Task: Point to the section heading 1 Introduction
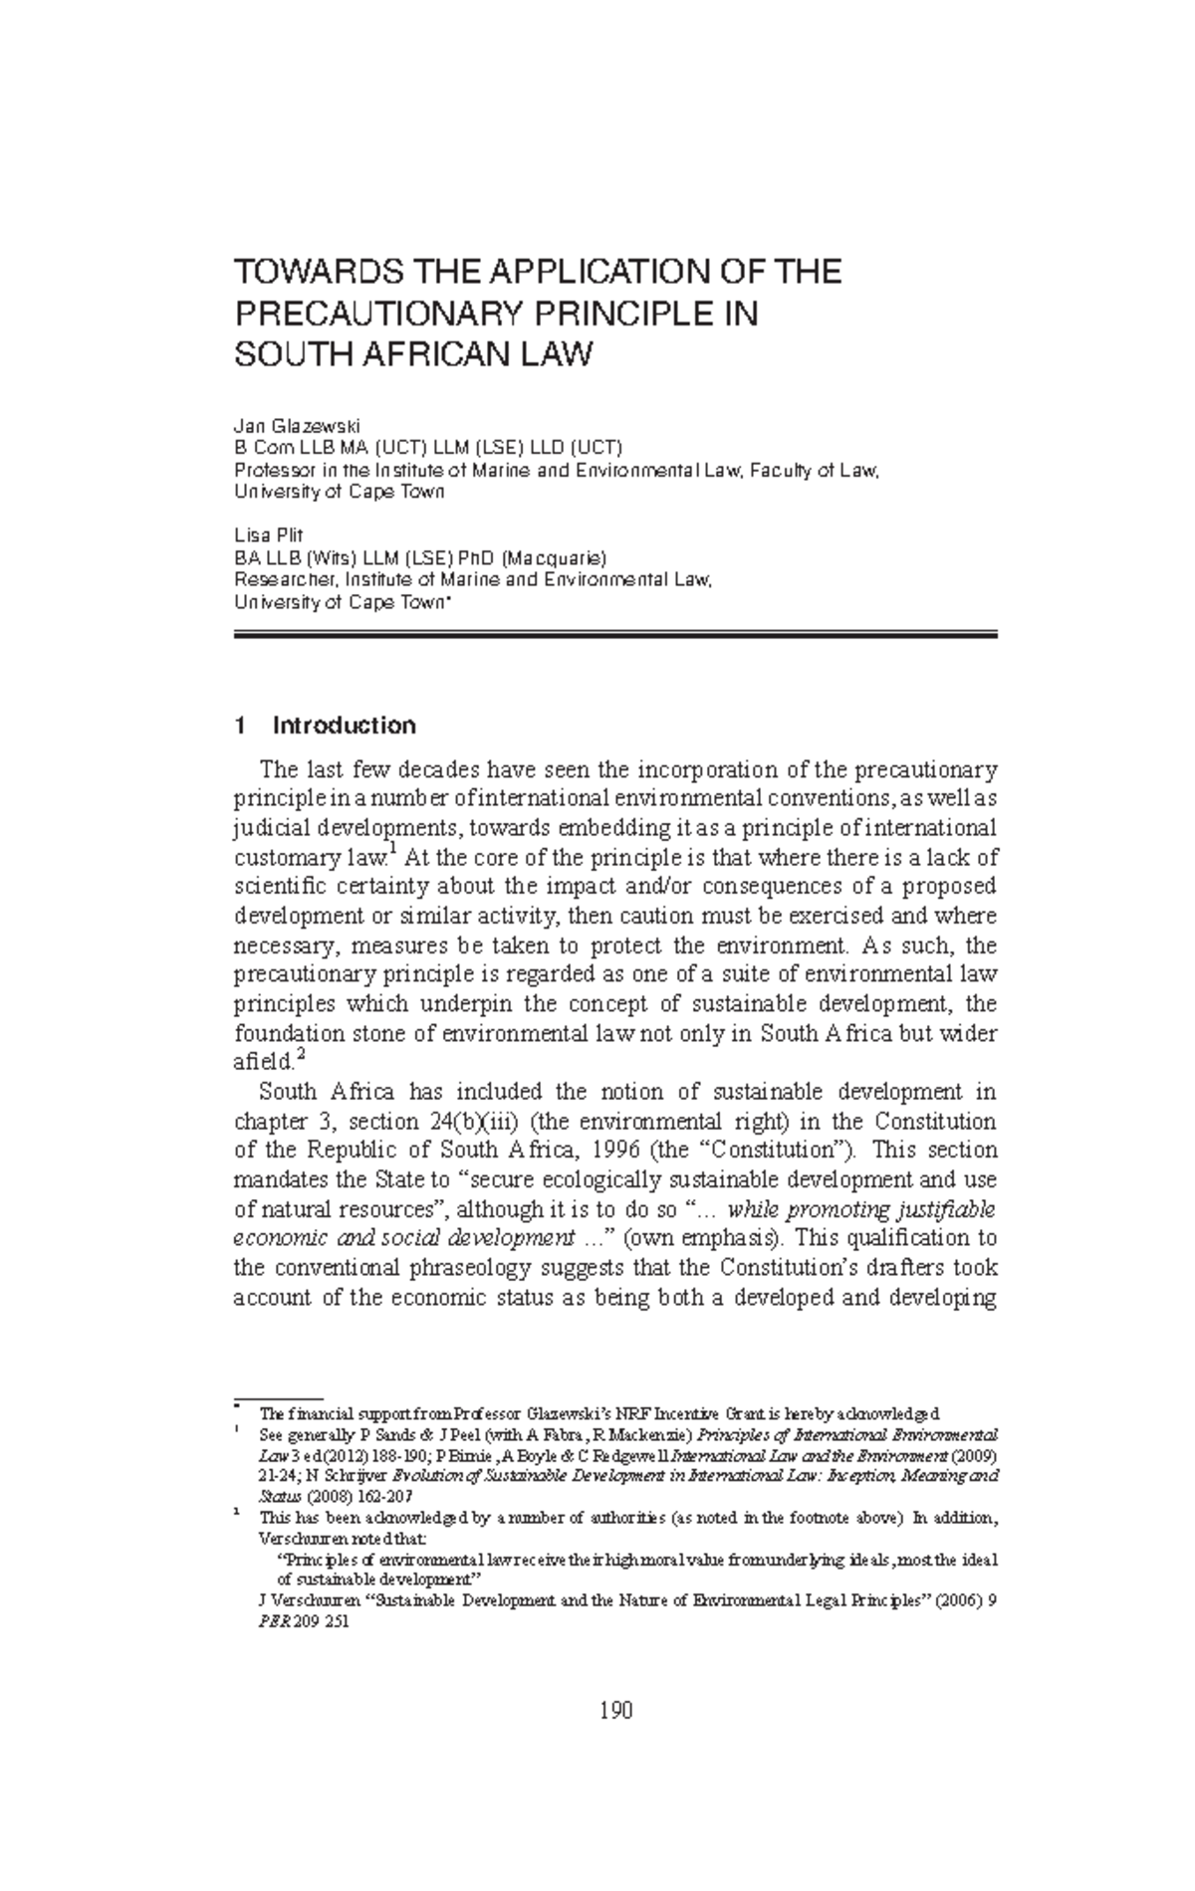coord(325,726)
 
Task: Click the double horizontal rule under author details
coord(614,634)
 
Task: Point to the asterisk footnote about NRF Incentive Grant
coord(597,1413)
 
